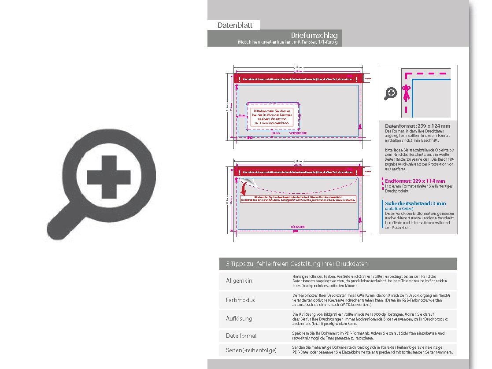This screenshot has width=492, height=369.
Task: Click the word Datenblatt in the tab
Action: tap(233, 26)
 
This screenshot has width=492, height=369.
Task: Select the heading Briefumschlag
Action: tap(314, 35)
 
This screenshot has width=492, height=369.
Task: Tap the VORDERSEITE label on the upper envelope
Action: tap(298, 133)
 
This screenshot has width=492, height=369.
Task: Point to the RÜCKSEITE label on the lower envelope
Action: tap(298, 227)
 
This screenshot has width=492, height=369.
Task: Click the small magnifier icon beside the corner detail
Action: tap(391, 93)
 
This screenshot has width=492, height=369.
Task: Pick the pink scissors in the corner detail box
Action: tap(407, 93)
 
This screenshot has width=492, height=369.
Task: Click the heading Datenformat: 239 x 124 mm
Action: tap(418, 126)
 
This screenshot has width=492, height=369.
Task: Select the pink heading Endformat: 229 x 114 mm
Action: tap(415, 181)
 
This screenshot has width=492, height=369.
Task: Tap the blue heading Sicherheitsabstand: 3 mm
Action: tap(415, 203)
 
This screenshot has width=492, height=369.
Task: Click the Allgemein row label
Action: tap(239, 281)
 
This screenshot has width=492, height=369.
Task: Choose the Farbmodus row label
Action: tap(240, 300)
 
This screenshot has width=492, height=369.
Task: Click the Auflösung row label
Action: tap(239, 318)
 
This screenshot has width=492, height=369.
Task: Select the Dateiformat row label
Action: tap(241, 336)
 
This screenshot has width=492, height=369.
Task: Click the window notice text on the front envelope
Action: tap(272, 117)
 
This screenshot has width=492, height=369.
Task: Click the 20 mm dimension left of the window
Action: tap(241, 115)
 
